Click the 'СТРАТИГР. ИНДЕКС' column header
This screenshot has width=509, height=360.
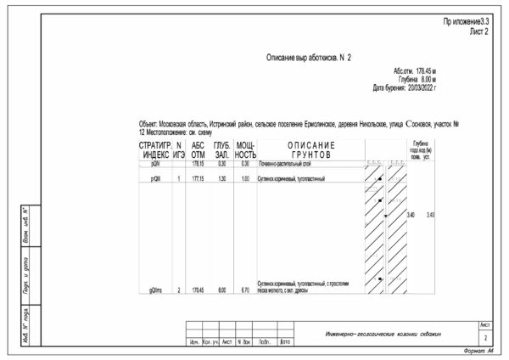155,150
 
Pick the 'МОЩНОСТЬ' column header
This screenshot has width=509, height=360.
245,150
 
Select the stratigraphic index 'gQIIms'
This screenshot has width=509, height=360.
155,290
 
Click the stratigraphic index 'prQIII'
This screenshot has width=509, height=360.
155,179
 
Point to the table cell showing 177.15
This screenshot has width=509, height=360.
199,179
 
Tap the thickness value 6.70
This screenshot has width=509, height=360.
244,290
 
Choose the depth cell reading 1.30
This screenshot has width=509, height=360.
221,179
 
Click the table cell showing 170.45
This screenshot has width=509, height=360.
199,290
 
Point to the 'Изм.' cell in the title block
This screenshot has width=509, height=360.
193,342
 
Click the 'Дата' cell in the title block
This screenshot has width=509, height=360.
285,342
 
